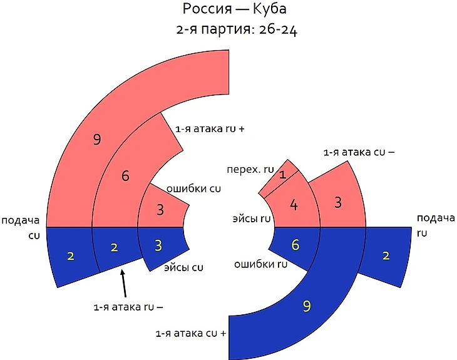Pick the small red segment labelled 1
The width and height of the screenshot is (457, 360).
(282, 175)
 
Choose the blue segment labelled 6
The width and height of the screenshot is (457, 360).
(295, 245)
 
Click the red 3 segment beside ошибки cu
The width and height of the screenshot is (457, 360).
(160, 209)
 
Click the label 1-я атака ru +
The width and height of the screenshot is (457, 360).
(208, 129)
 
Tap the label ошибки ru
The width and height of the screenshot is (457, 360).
(260, 264)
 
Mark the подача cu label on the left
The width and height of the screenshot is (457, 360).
(21, 226)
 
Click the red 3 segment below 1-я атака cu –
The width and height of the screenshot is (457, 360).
(338, 202)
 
